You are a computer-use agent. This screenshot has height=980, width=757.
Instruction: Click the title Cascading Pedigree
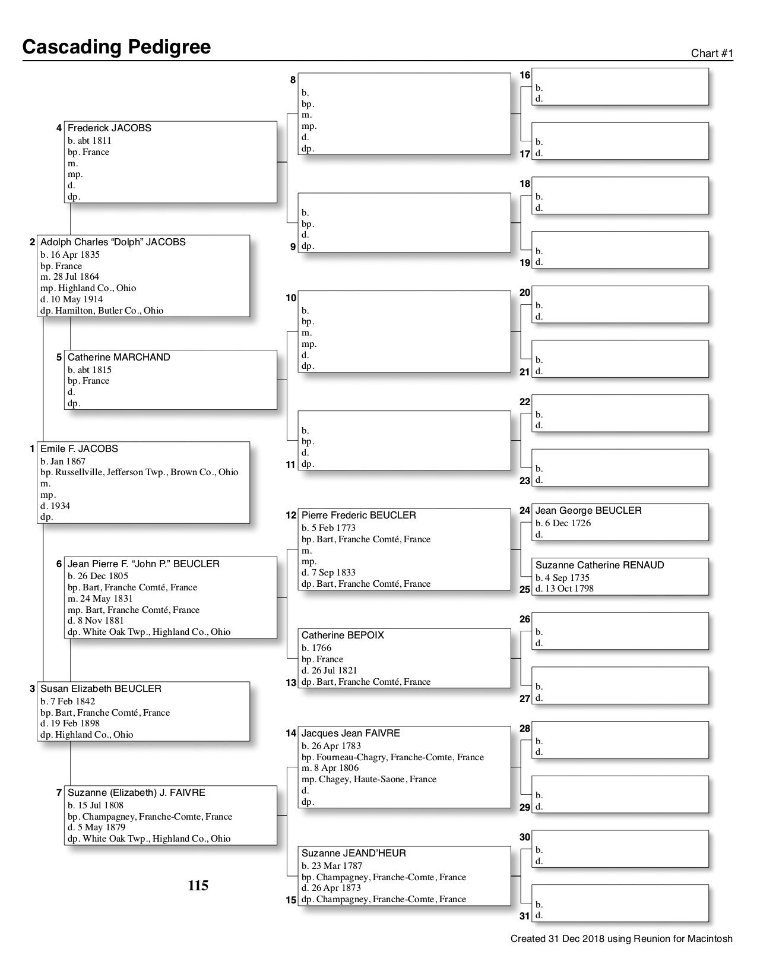pos(116,47)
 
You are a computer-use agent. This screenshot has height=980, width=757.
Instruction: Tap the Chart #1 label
pos(712,53)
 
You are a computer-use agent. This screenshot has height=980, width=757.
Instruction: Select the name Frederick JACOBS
pos(109,128)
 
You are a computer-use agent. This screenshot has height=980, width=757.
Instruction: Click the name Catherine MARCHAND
pos(119,357)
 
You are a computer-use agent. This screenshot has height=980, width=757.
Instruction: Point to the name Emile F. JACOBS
pos(79,449)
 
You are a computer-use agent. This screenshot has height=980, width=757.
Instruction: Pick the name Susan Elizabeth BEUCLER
pos(101,689)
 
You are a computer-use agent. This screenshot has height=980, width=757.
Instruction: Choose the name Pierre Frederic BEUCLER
pos(359,515)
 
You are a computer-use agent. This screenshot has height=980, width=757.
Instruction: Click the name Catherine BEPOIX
pos(343,636)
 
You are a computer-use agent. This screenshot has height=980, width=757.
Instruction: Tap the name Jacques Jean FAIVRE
pos(350,734)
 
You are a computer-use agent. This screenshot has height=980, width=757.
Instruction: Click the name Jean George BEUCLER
pos(588,511)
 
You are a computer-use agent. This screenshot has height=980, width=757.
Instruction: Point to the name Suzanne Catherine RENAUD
pos(600,565)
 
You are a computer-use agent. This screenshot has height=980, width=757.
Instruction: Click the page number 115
pos(198,886)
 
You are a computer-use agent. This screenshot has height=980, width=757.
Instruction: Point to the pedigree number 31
pos(525,916)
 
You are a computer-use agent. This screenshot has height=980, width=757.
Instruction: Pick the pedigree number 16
pos(525,75)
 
